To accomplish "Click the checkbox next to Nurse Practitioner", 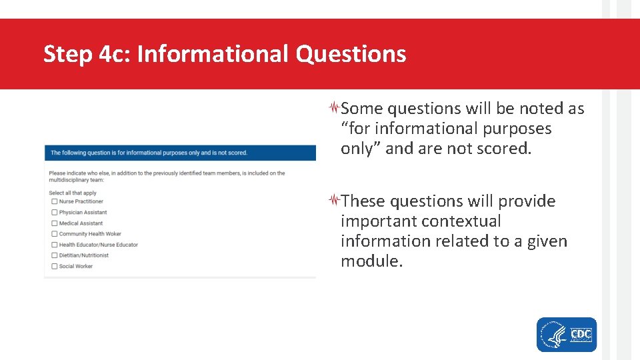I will point(54,201).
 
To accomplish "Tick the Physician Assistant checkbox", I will point(54,213).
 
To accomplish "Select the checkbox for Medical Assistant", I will point(54,223).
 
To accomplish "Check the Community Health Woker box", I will point(54,234).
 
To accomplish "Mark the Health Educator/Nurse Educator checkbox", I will point(54,245).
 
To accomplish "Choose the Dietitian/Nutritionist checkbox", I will point(54,255).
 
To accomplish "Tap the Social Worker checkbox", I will point(54,266).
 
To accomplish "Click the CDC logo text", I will point(581,334).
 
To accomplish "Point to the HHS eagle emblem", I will point(553,335).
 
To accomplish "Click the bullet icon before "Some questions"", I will point(335,107).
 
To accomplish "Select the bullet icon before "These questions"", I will point(335,200).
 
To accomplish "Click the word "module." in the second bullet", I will point(371,261).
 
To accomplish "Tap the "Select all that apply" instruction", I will point(73,193).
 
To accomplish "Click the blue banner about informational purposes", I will point(180,153).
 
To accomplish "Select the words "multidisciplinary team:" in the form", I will point(77,180).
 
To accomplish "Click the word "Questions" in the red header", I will point(351,54).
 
